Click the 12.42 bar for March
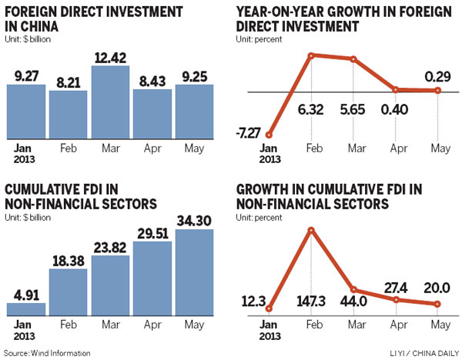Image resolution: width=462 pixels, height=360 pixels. click(x=111, y=102)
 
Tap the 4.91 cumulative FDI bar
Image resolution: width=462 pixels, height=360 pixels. click(x=27, y=308)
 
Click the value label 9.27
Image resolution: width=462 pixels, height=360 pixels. click(x=26, y=75)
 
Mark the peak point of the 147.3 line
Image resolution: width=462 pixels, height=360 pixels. click(x=312, y=229)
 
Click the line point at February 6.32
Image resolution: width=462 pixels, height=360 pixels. click(x=312, y=55)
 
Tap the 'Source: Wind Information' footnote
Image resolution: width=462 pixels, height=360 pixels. click(x=48, y=353)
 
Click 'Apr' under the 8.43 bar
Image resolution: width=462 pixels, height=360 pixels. click(x=152, y=144)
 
